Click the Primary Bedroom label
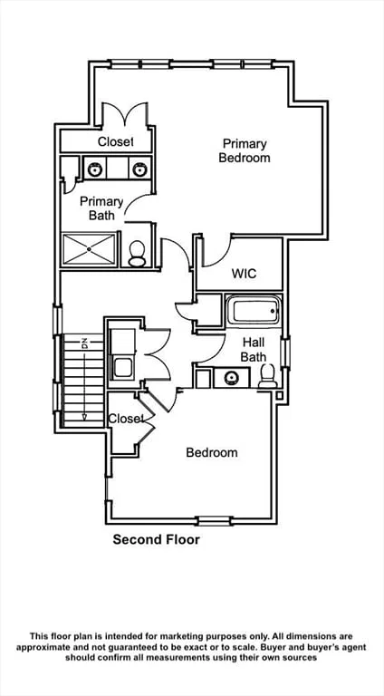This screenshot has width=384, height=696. coord(245,150)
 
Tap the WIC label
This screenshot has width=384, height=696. coord(244,274)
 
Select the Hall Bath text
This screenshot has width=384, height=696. coord(254,349)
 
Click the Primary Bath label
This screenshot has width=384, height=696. coord(101,208)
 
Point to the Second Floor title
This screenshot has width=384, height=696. coord(156,540)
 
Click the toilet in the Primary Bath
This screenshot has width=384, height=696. coord(137,254)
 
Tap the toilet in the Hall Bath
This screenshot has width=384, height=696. coord(267,376)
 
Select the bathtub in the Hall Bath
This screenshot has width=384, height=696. coord(253,309)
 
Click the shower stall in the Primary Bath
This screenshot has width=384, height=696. coord(89,248)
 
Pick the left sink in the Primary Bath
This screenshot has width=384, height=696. coord(95,169)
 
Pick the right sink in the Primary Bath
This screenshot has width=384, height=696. coord(139,169)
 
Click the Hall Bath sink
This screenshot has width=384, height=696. coord(231,378)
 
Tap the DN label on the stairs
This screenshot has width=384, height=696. coord(84,343)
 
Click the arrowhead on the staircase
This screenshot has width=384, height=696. coord(84,417)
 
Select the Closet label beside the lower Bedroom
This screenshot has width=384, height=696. coord(127,419)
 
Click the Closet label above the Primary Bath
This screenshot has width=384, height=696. coord(116,141)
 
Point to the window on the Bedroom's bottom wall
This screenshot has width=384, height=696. coord(214,521)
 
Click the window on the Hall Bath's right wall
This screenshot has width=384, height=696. coord(285,353)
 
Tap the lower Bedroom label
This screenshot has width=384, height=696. coord(212,453)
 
